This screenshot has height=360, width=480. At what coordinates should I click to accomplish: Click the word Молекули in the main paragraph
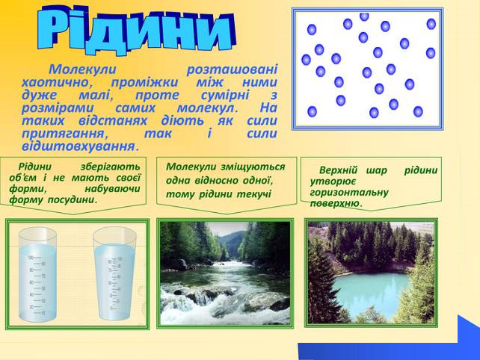(x=82, y=69)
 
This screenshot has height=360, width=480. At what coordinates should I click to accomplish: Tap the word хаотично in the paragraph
(x=58, y=82)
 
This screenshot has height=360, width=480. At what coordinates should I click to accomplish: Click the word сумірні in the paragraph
(x=225, y=95)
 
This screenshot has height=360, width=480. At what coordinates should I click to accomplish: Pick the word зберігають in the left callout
(x=110, y=167)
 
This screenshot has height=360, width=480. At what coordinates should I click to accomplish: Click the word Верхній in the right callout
(x=338, y=170)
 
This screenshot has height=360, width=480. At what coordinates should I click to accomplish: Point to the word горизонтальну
(x=349, y=193)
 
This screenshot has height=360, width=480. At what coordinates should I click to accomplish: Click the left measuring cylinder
(x=37, y=274)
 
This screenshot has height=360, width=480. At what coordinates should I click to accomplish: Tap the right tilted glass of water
(x=114, y=274)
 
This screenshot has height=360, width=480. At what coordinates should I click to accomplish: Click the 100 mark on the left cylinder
(x=31, y=258)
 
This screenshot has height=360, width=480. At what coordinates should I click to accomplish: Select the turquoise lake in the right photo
(x=371, y=294)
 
